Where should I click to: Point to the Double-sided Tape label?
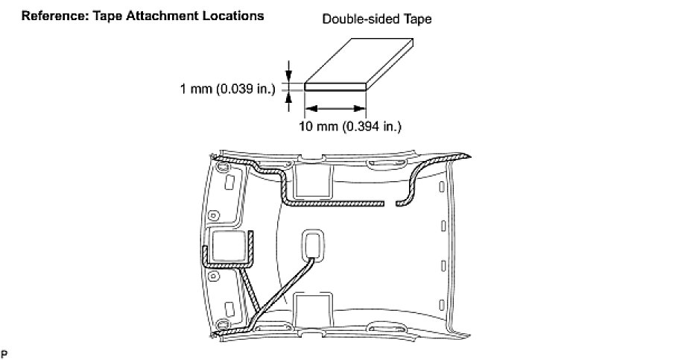click(377, 19)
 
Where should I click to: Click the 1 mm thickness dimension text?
click(227, 89)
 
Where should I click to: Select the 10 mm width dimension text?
click(350, 127)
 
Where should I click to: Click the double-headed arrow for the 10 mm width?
click(335, 109)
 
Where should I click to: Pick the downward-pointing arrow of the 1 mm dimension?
click(288, 71)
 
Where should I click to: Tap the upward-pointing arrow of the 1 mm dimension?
click(288, 101)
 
